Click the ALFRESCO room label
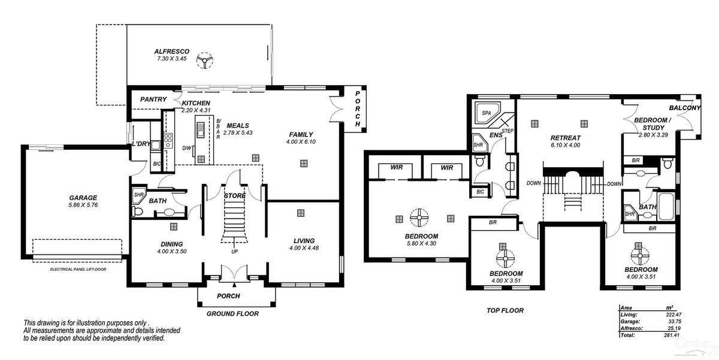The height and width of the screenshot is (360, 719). [x=173, y=52]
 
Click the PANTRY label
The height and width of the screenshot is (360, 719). [x=153, y=99]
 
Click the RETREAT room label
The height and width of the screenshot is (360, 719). [x=566, y=138]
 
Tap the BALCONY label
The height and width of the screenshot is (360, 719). [x=684, y=108]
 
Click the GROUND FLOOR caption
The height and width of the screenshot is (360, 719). [x=232, y=314]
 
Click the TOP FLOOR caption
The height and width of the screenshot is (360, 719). [x=505, y=310]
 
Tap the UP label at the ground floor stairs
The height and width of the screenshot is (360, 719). [x=234, y=251]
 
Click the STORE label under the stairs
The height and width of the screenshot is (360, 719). [x=234, y=196]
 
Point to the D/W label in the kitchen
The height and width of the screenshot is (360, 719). [x=187, y=148]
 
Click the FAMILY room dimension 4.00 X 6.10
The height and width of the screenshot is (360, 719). [x=301, y=141]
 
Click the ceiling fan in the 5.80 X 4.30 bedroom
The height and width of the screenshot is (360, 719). [x=418, y=218]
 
